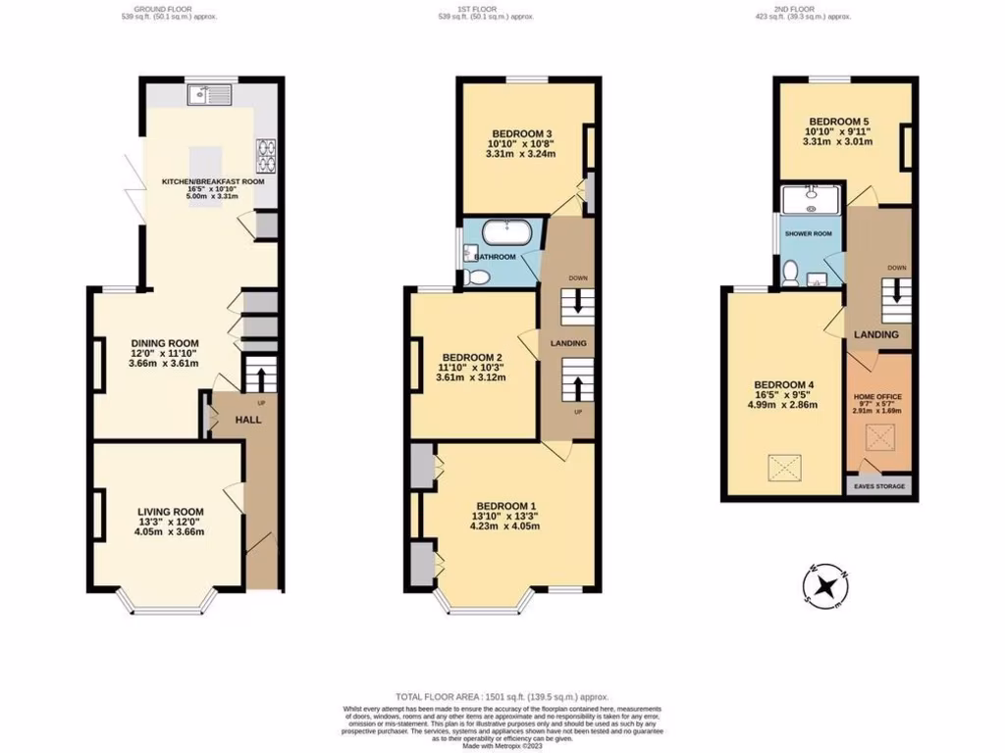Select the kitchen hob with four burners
pos(265,154)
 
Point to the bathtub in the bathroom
pos(506,234)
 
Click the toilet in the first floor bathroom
pos(478,278)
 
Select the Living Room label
pos(170,511)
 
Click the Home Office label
pos(878,396)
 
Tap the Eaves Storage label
pos(878,485)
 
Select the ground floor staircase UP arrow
pos(261,376)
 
